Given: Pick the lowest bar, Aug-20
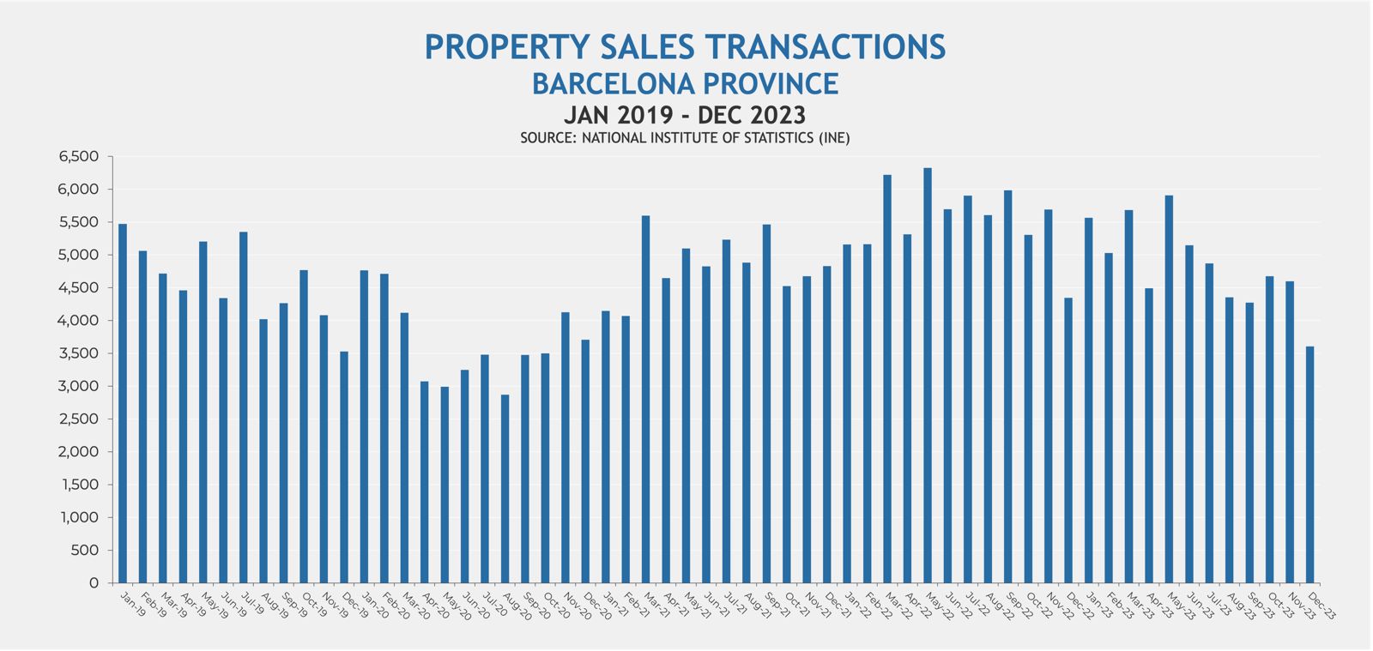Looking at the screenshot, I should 505,489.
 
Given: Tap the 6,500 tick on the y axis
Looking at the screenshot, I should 79,157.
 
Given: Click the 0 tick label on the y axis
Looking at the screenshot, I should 94,583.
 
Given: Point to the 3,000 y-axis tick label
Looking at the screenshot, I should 79,386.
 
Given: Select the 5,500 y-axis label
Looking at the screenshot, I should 79,222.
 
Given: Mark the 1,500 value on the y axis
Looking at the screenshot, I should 80,485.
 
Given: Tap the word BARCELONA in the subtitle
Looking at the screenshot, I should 614,84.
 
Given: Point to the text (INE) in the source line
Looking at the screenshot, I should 833,138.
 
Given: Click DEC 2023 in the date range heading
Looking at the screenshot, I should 752,115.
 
